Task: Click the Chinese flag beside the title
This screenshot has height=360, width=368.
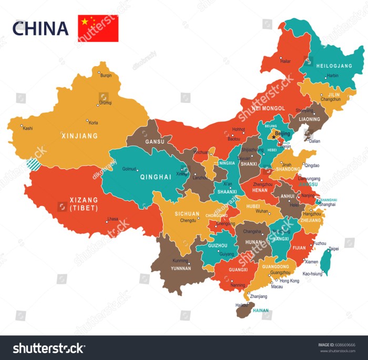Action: point(98,28)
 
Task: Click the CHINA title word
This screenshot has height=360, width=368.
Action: point(40,28)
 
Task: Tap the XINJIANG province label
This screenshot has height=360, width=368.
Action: point(80,136)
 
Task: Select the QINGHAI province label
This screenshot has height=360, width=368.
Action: point(155,177)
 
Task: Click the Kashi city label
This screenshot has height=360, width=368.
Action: point(28,128)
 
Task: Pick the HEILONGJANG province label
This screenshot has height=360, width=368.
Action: point(334,66)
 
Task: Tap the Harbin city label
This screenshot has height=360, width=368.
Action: point(333,76)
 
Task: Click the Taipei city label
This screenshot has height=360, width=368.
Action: point(334,249)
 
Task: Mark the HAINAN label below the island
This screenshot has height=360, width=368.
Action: point(261,311)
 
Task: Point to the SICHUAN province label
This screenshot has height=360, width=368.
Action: point(187,214)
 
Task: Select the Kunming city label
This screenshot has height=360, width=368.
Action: point(180,261)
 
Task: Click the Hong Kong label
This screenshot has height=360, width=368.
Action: point(290,281)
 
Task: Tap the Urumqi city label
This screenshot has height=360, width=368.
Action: point(106,102)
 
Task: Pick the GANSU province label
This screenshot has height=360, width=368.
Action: point(155,142)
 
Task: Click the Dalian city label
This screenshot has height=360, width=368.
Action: point(314,141)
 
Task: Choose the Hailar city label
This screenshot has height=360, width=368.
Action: point(285,61)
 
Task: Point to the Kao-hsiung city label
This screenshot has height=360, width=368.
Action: point(313,273)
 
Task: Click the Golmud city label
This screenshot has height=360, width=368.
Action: point(129,169)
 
